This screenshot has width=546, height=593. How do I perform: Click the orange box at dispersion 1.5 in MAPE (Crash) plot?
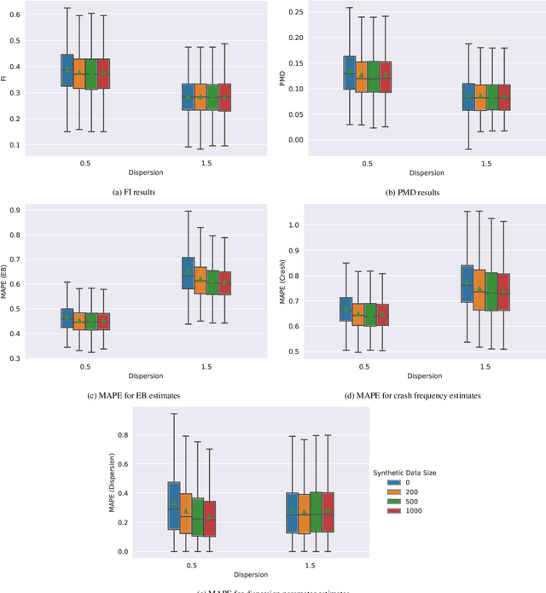click(x=479, y=294)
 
